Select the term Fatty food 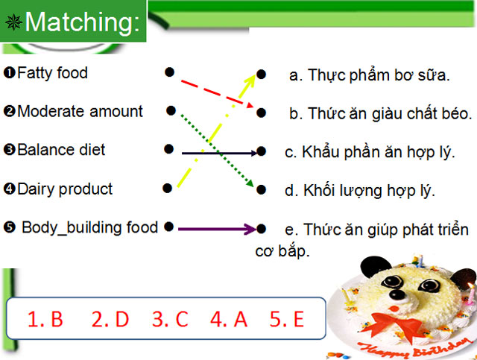tap(51, 73)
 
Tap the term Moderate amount tap(79, 112)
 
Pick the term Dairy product tap(64, 189)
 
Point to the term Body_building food tap(89, 227)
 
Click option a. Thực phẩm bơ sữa tap(370, 75)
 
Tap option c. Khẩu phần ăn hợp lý tap(370, 153)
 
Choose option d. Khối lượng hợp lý tap(359, 191)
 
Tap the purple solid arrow tap(216, 229)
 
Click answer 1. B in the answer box tap(45, 320)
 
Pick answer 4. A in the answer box tap(228, 320)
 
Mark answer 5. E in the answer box tap(287, 320)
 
